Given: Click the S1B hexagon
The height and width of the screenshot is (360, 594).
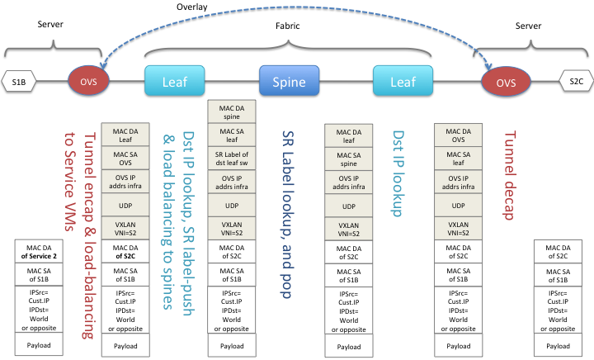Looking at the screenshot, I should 19,81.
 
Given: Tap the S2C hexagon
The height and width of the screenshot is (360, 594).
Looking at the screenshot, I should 575,81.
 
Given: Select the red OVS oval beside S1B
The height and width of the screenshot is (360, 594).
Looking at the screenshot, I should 88,82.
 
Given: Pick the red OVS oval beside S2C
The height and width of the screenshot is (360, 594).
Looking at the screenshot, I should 504,82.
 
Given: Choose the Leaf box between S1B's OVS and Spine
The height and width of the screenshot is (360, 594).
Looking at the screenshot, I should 174,82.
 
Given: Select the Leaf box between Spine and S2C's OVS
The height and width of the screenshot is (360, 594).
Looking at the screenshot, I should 403,82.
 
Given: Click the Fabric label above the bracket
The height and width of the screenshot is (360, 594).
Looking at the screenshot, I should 287,26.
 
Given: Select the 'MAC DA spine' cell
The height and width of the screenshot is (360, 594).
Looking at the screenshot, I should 231,111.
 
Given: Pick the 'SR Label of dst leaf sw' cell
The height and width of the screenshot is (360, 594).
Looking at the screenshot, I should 231,158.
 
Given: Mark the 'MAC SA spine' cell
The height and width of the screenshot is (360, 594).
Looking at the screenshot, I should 346,159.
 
